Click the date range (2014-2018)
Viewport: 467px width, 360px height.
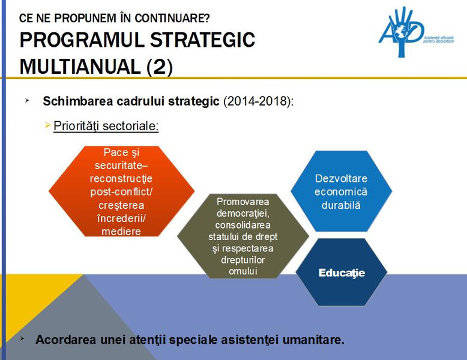258,101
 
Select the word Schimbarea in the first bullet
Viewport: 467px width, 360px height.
74,101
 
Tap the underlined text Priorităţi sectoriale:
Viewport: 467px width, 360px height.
106,126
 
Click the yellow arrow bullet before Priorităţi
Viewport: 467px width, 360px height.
48,125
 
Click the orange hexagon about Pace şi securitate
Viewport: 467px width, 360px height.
122,191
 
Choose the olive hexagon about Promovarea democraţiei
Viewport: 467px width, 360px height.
243,236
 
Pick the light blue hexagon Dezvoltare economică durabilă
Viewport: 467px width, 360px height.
341,191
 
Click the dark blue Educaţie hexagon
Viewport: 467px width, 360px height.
341,272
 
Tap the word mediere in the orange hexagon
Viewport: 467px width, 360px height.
121,232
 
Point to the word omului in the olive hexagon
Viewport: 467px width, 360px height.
243,271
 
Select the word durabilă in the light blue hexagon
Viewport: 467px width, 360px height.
341,205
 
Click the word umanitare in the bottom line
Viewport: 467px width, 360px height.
318,340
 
